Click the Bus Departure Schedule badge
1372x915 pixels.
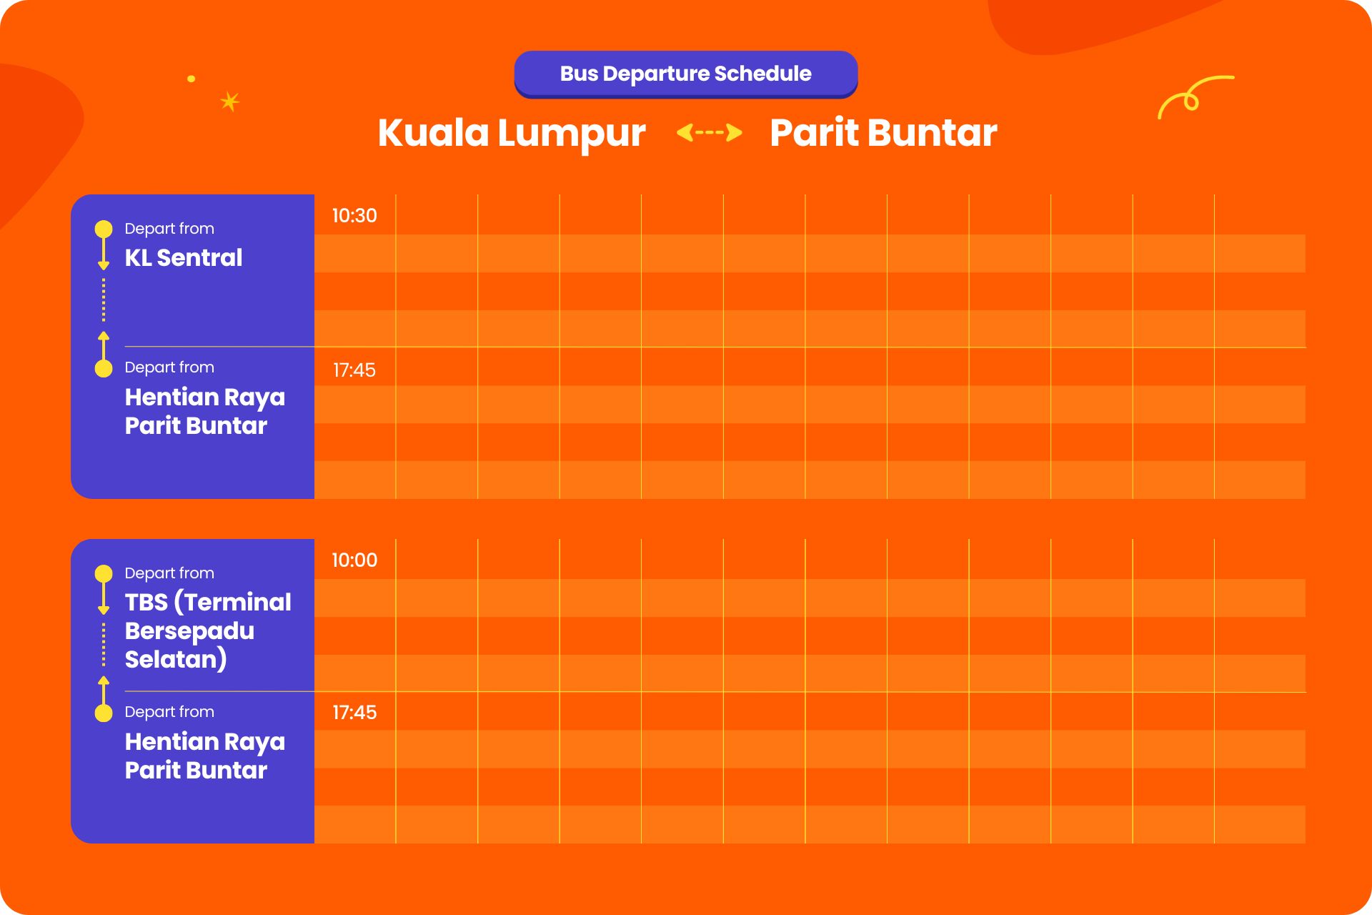[686, 74]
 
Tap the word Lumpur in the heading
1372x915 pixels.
[572, 134]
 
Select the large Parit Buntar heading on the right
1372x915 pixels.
[883, 133]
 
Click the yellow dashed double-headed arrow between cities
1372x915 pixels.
[709, 132]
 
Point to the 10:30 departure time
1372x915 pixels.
[354, 216]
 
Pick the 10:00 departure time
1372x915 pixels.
[354, 560]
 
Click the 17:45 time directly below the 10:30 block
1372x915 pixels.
[354, 370]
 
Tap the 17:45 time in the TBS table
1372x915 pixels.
[354, 713]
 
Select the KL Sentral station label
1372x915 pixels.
[184, 258]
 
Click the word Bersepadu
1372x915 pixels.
[189, 631]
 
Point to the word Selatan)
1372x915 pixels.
[176, 659]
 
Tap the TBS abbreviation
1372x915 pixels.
[146, 603]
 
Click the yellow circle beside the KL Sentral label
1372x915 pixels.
[104, 229]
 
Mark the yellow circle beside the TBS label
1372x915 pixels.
[104, 573]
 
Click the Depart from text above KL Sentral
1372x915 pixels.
[169, 229]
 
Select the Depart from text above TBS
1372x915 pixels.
[169, 573]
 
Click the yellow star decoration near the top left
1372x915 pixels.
[229, 102]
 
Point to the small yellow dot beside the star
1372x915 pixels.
[191, 79]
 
